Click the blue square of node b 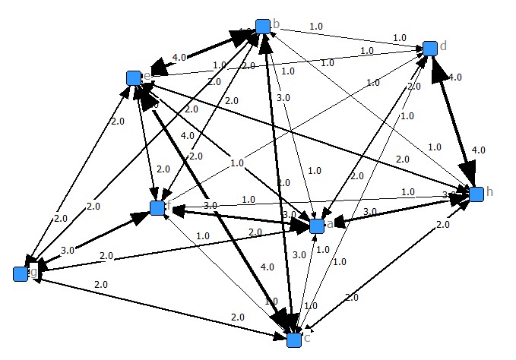pyautogui.click(x=262, y=27)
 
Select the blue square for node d pyautogui.click(x=429, y=49)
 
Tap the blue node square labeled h pyautogui.click(x=476, y=194)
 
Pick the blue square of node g pyautogui.click(x=21, y=273)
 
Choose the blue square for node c pyautogui.click(x=294, y=339)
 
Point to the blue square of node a pyautogui.click(x=317, y=226)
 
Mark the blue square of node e pyautogui.click(x=134, y=77)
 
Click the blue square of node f pyautogui.click(x=157, y=207)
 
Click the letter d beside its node pyautogui.click(x=443, y=46)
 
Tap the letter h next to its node pyautogui.click(x=489, y=191)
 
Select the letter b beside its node pyautogui.click(x=276, y=24)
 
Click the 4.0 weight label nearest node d pyautogui.click(x=455, y=77)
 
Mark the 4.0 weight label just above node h pyautogui.click(x=478, y=150)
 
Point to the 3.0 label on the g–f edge pyautogui.click(x=67, y=250)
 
